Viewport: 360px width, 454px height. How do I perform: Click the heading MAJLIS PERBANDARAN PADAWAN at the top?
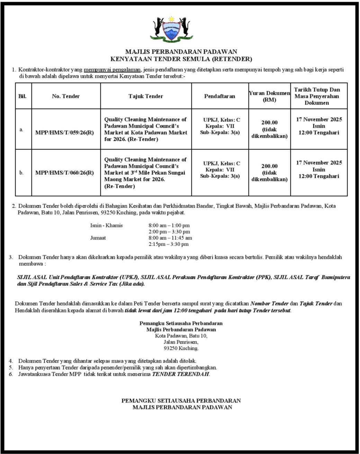click(181, 52)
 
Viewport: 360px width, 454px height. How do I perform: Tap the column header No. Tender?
click(66, 96)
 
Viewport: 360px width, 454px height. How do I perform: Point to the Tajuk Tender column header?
click(146, 96)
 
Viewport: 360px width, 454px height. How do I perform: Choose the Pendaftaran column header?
click(219, 96)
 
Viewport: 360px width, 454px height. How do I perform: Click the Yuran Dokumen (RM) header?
click(269, 96)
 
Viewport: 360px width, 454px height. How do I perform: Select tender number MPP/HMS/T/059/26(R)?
click(64, 133)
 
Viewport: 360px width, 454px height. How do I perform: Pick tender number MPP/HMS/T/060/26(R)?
click(64, 173)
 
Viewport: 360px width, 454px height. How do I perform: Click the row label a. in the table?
click(21, 129)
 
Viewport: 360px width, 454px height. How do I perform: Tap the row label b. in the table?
click(21, 173)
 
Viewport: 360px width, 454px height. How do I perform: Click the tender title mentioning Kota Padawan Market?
click(145, 129)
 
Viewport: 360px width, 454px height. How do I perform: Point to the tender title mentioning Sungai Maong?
click(145, 173)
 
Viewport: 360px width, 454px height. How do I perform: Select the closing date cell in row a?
click(319, 126)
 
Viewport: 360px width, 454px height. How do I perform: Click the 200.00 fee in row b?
click(269, 166)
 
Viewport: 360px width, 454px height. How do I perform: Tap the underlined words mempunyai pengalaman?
click(112, 70)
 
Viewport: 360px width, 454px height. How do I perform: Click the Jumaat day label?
click(98, 238)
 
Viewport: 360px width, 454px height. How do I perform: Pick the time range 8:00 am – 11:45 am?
click(170, 238)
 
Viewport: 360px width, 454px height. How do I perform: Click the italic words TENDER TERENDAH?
click(181, 374)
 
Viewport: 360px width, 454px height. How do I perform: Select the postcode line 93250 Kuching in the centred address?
click(181, 348)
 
